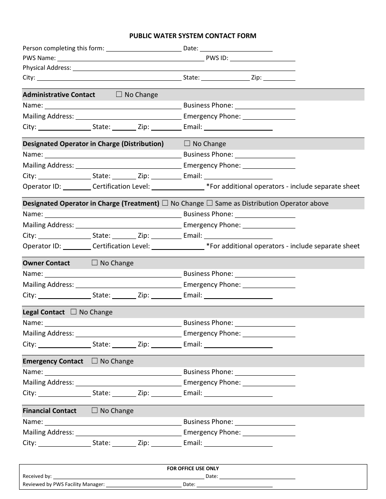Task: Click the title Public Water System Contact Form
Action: (193, 36)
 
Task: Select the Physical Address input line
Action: (184, 68)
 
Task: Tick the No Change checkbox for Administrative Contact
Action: (119, 95)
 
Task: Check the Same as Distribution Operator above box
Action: (210, 203)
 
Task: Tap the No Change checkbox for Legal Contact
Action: (74, 312)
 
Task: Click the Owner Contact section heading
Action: (46, 263)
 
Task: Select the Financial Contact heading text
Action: (50, 411)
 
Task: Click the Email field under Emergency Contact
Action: (238, 393)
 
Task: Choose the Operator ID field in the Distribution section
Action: (77, 187)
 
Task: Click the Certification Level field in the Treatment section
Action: (178, 246)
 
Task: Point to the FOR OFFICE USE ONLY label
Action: (193, 468)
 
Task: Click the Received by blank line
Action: (128, 476)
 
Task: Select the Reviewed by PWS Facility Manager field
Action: (143, 484)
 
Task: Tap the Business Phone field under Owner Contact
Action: (265, 274)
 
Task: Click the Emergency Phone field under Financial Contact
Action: (269, 432)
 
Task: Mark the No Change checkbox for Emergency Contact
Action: (95, 361)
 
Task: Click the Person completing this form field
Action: (143, 48)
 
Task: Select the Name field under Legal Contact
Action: (113, 323)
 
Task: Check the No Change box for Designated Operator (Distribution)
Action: (187, 144)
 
